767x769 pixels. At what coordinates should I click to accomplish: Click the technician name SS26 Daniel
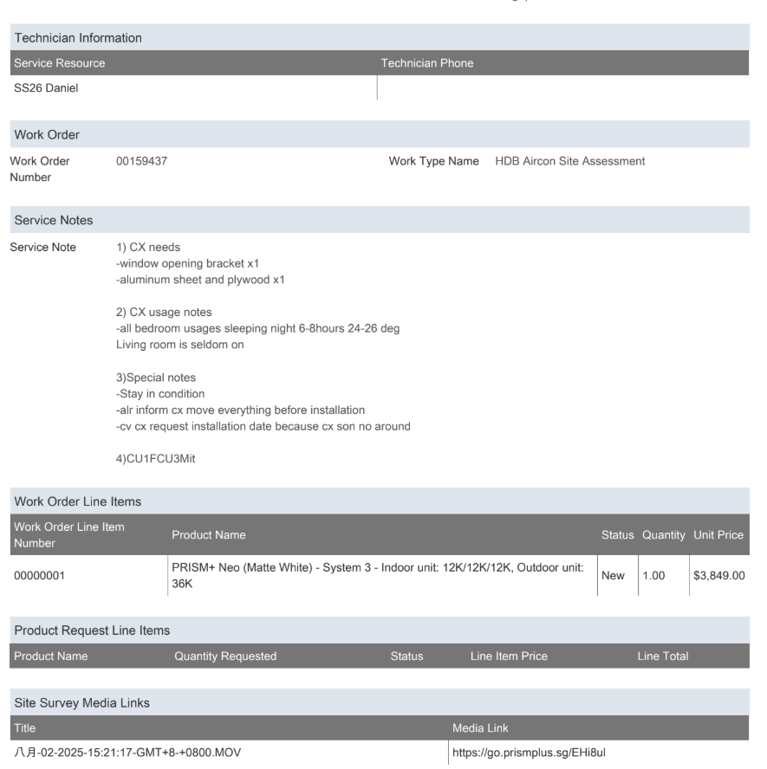coord(44,87)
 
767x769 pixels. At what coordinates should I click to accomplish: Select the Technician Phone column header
coord(427,63)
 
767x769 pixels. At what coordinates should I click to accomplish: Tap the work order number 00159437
coord(141,161)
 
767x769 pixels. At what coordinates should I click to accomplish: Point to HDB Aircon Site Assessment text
coord(569,161)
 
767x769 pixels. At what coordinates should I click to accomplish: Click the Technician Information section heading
coord(78,37)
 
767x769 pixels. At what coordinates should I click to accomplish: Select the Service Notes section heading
coord(54,221)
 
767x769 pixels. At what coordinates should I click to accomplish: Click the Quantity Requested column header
coord(225,656)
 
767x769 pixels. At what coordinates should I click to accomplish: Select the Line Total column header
coord(662,656)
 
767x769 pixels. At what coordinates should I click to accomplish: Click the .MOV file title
coord(127,752)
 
